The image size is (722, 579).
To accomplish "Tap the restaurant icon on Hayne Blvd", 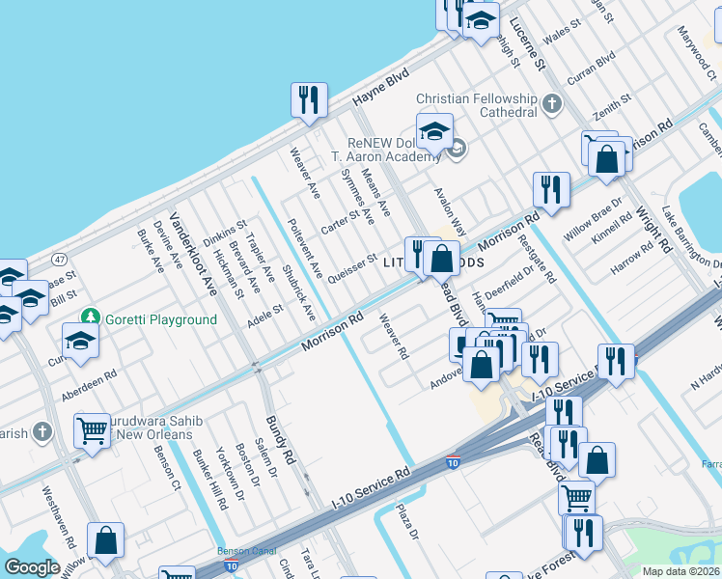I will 309,100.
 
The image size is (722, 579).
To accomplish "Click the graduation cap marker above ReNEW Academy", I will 435,130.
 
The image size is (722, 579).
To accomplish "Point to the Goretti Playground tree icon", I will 90,317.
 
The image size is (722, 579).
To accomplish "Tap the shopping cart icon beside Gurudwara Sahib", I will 93,431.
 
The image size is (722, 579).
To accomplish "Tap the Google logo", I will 32,567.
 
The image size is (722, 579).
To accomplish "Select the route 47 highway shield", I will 60,260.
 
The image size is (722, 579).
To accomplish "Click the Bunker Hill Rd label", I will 209,480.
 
